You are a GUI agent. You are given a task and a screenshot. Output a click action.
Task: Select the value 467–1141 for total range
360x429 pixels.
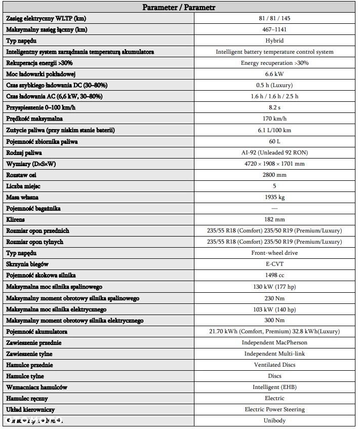point(274,29)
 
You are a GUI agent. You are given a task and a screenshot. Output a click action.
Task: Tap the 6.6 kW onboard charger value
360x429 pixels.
point(274,74)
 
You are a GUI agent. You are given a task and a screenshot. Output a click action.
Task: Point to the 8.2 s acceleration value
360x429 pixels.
point(274,107)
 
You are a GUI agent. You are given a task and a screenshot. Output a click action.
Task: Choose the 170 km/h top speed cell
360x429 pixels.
point(274,119)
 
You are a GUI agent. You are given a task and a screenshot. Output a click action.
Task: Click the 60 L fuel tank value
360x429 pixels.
point(274,141)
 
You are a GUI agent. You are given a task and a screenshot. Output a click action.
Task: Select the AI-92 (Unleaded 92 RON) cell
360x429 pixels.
point(274,152)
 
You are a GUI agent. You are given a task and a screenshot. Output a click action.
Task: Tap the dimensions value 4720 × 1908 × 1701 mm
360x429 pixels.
point(274,164)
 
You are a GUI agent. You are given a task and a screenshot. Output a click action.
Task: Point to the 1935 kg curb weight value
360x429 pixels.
point(274,197)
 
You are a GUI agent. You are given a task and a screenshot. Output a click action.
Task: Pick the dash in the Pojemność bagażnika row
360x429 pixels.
point(274,208)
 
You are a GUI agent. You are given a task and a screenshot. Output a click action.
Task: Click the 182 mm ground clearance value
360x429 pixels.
point(274,219)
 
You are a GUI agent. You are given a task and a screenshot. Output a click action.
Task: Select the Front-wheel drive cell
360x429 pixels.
point(274,253)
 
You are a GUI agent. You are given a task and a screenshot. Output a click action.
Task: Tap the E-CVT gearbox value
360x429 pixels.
point(274,264)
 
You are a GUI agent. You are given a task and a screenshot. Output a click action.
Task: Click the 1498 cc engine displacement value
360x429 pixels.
point(274,275)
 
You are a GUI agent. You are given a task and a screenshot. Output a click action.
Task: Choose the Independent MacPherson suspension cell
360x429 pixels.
point(274,342)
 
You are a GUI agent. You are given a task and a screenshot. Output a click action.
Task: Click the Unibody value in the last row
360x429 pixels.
point(274,420)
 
